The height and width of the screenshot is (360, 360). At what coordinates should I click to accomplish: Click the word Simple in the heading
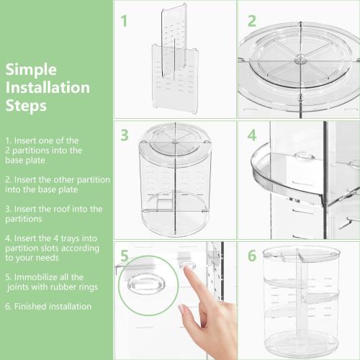[x=31, y=70]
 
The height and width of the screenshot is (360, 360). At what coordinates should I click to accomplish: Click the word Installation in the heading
[x=48, y=88]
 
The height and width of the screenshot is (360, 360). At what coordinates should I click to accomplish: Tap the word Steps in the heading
[x=26, y=107]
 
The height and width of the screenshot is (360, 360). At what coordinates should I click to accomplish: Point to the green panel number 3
[x=124, y=135]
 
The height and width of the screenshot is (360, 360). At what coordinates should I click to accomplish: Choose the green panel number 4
[x=251, y=135]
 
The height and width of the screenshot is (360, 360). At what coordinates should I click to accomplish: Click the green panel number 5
[x=124, y=255]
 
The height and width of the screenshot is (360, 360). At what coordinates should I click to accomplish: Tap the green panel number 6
[x=251, y=255]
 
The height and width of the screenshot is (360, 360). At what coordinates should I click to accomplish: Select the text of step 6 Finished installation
[x=48, y=306]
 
